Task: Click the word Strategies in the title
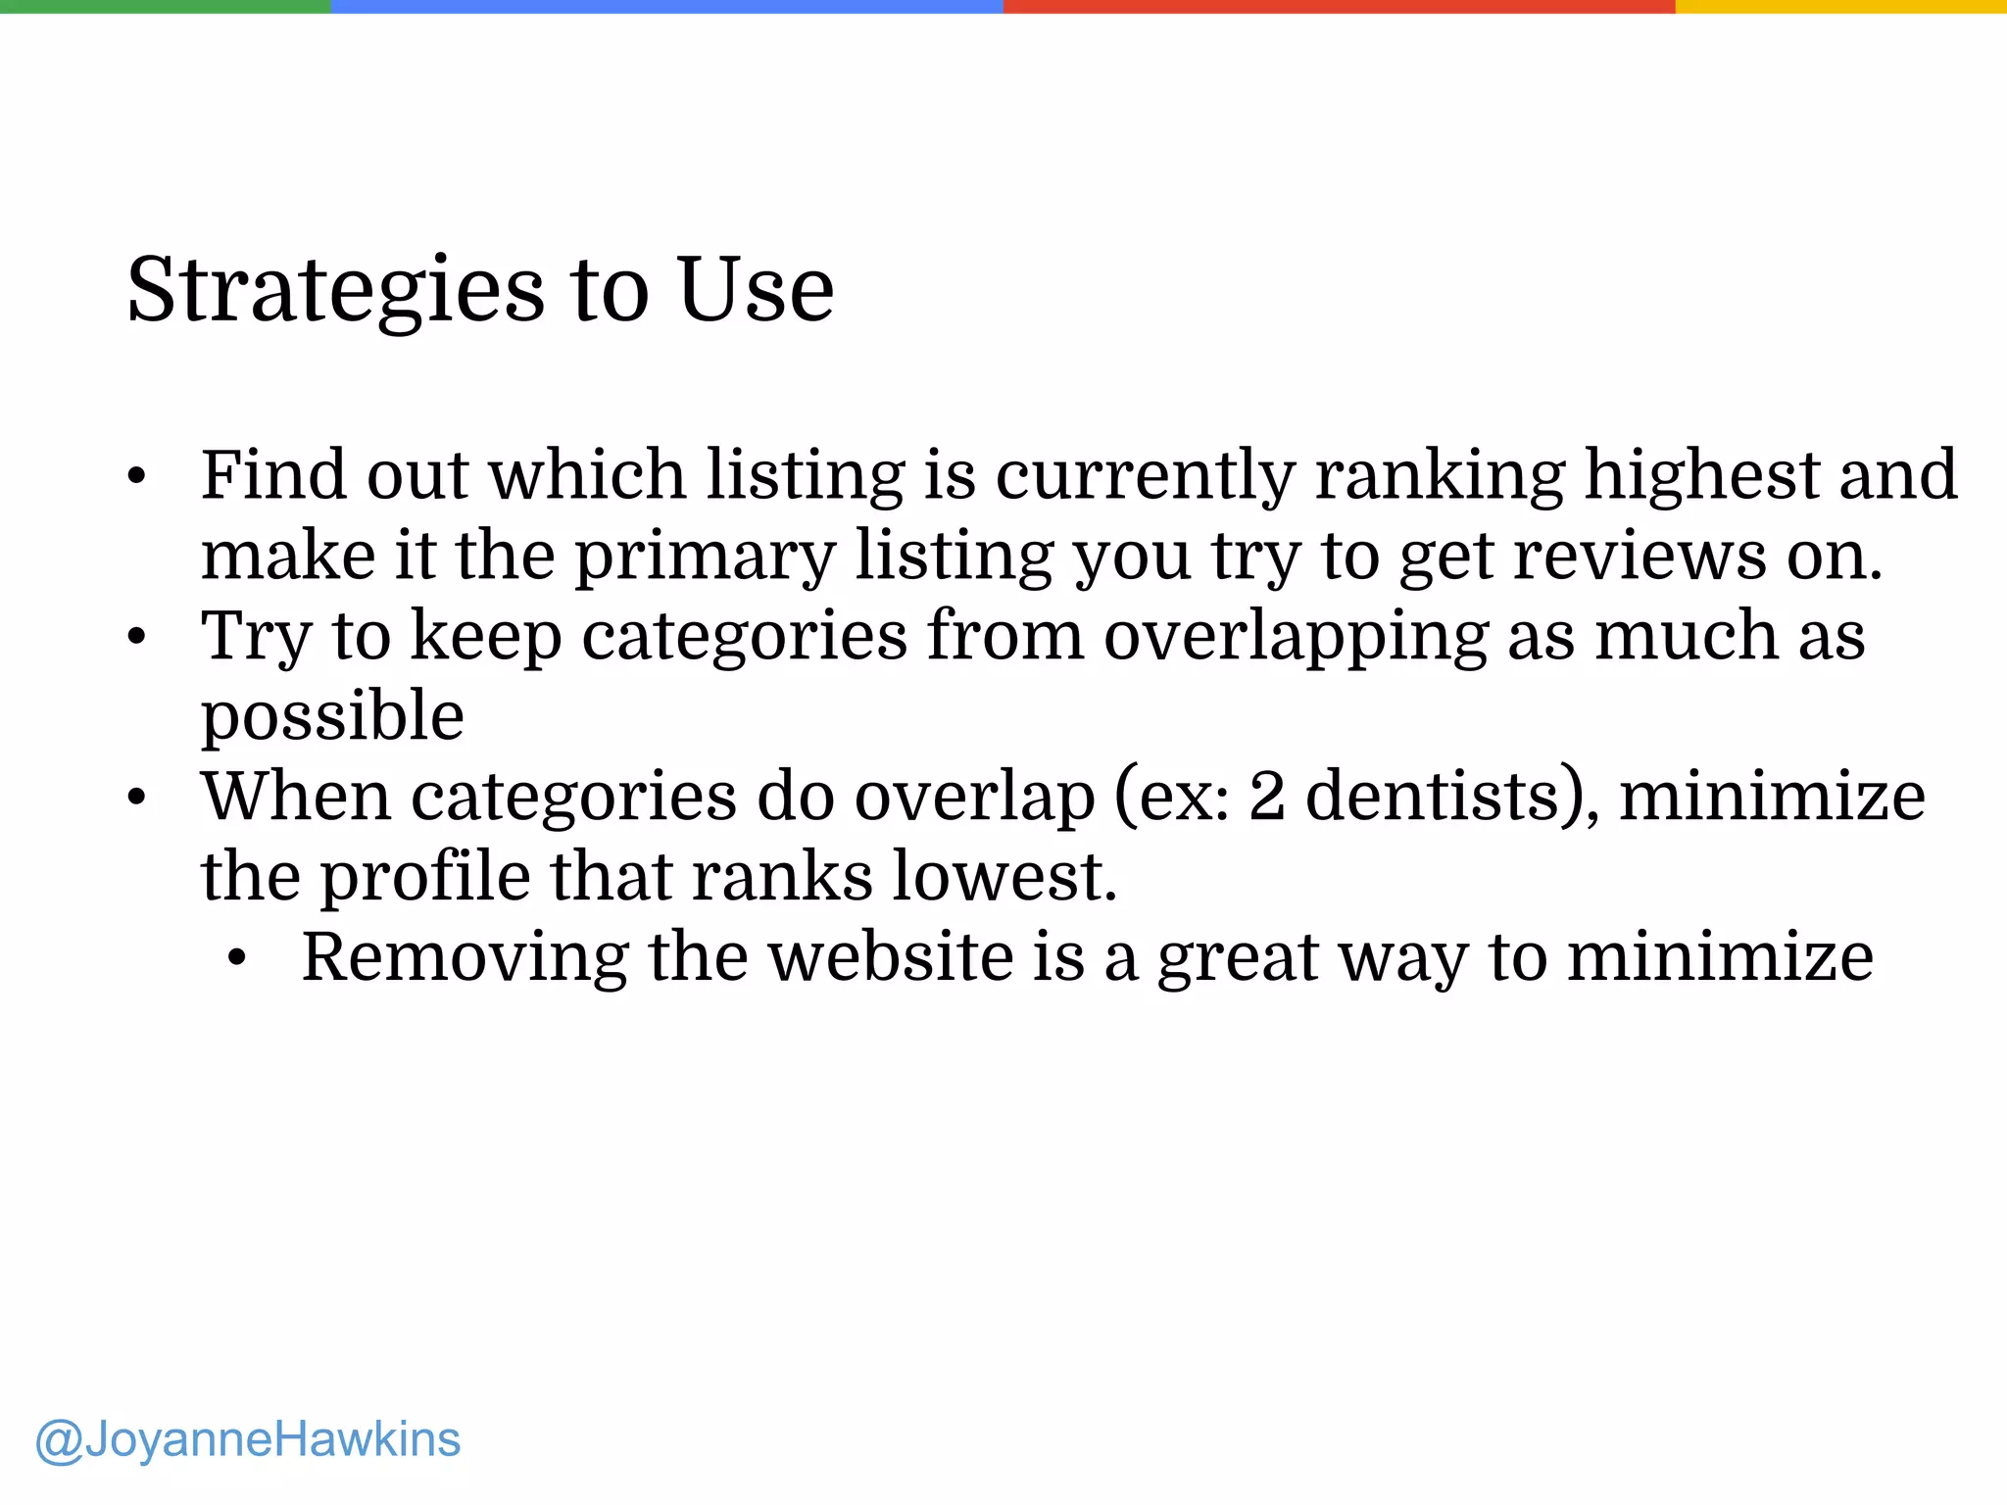click(335, 291)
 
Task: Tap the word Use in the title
click(756, 289)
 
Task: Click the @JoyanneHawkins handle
click(248, 1439)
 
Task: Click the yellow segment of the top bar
click(1840, 6)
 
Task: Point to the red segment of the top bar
click(1339, 6)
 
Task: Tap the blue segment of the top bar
click(666, 6)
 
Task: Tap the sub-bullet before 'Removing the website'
click(236, 958)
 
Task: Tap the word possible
click(332, 718)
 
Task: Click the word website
click(891, 957)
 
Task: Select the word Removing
click(465, 958)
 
